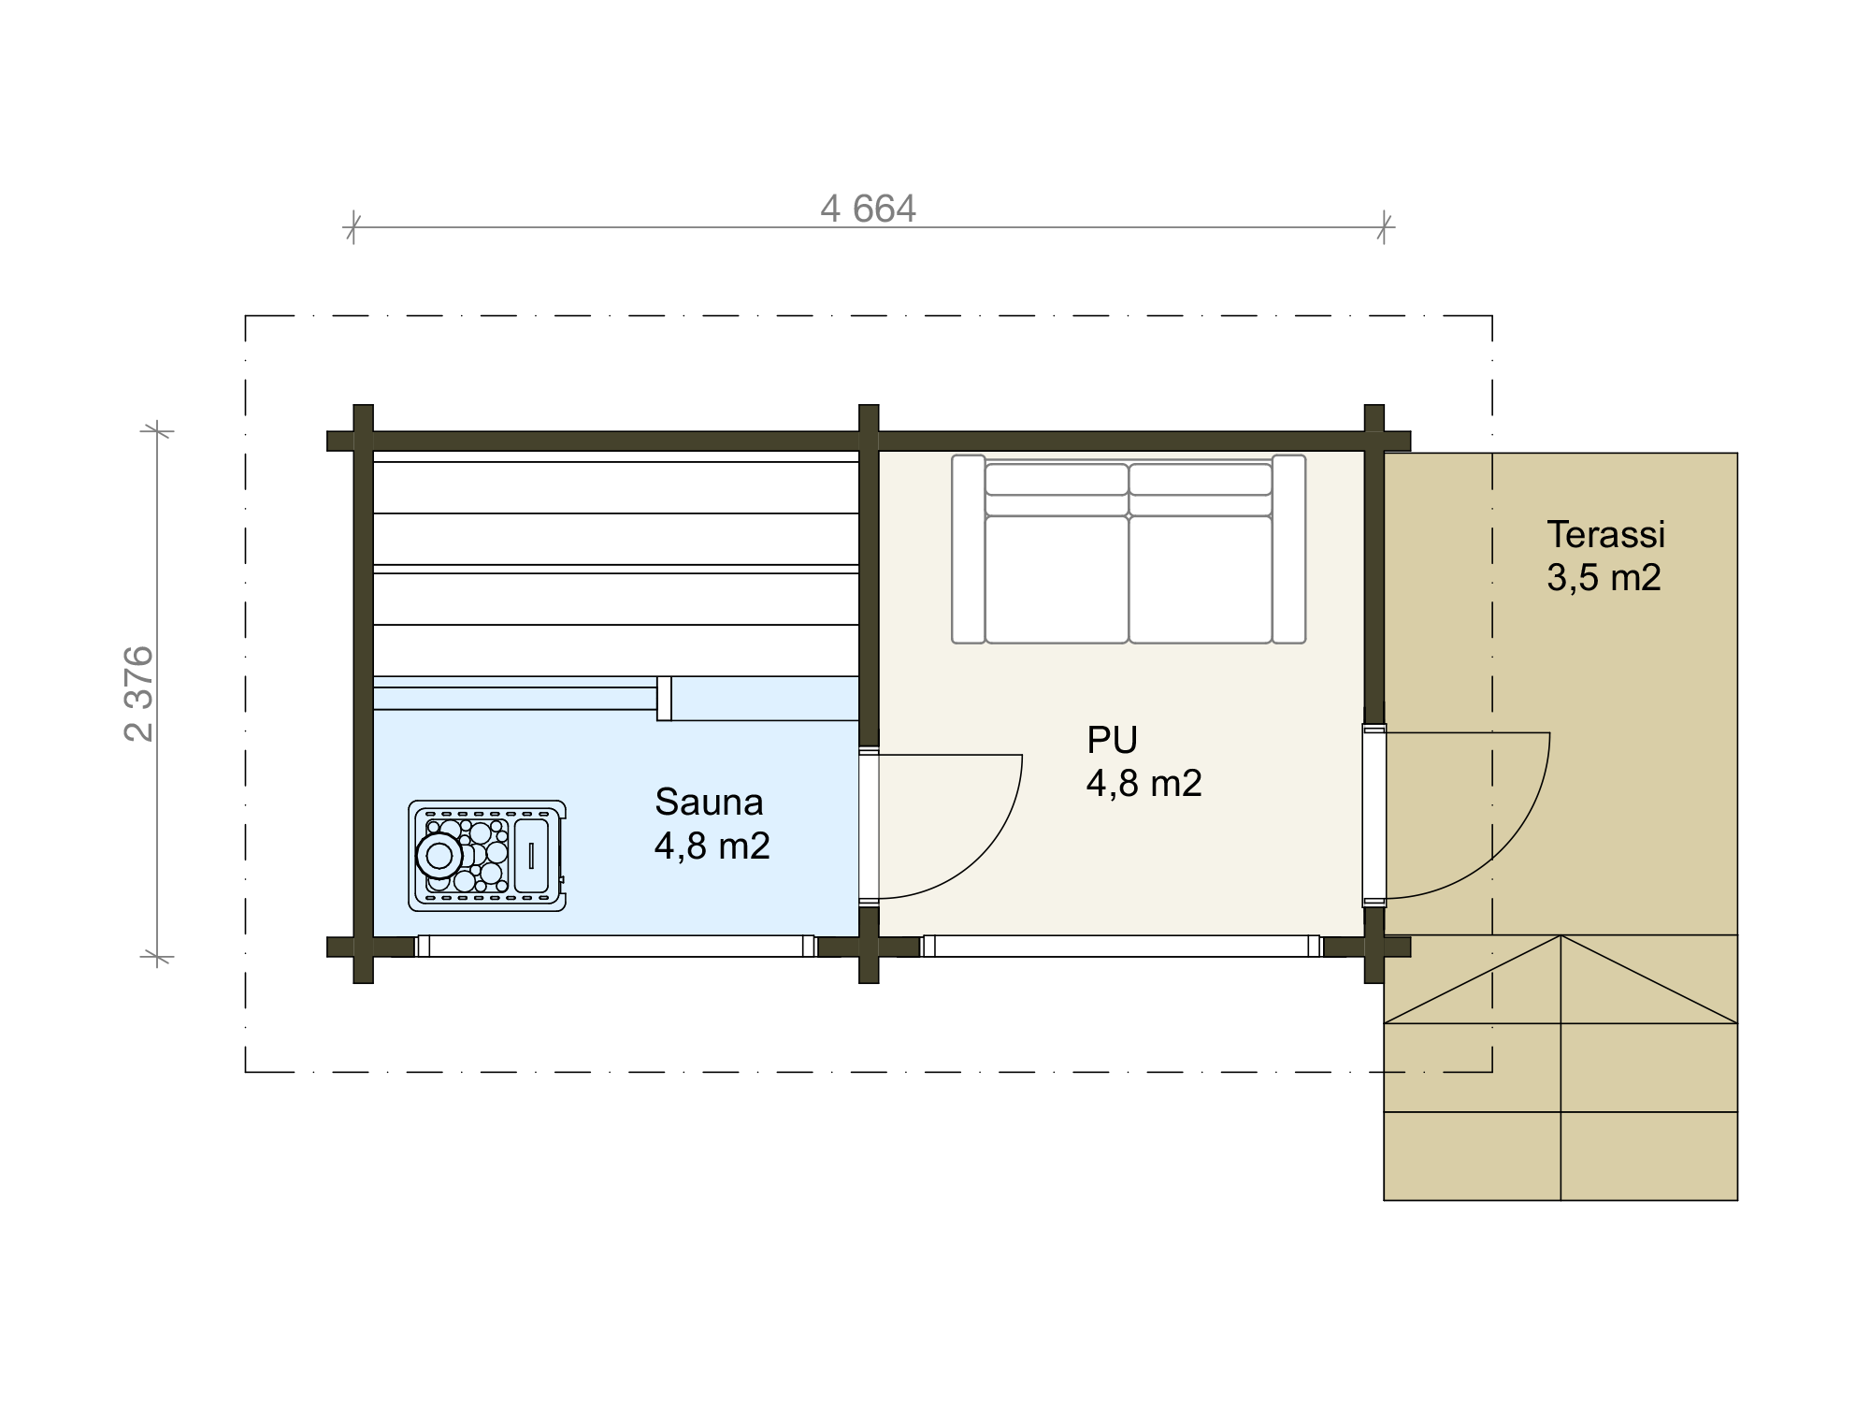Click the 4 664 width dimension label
click(x=868, y=209)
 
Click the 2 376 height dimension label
click(x=139, y=693)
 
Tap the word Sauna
click(x=709, y=802)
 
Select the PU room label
click(x=1112, y=740)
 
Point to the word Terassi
click(x=1605, y=534)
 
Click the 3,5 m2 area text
click(x=1604, y=577)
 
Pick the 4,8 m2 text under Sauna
click(x=712, y=846)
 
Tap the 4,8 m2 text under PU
click(x=1144, y=783)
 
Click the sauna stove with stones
click(x=487, y=856)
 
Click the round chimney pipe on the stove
click(x=439, y=855)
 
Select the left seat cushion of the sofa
click(x=1057, y=579)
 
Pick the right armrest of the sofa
click(x=1288, y=549)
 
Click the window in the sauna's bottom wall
click(x=616, y=946)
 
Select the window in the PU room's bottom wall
click(x=1121, y=946)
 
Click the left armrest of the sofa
click(x=969, y=549)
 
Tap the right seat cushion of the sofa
click(x=1201, y=579)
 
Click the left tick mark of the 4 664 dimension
click(x=352, y=226)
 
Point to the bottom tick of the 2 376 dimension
click(x=157, y=956)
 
